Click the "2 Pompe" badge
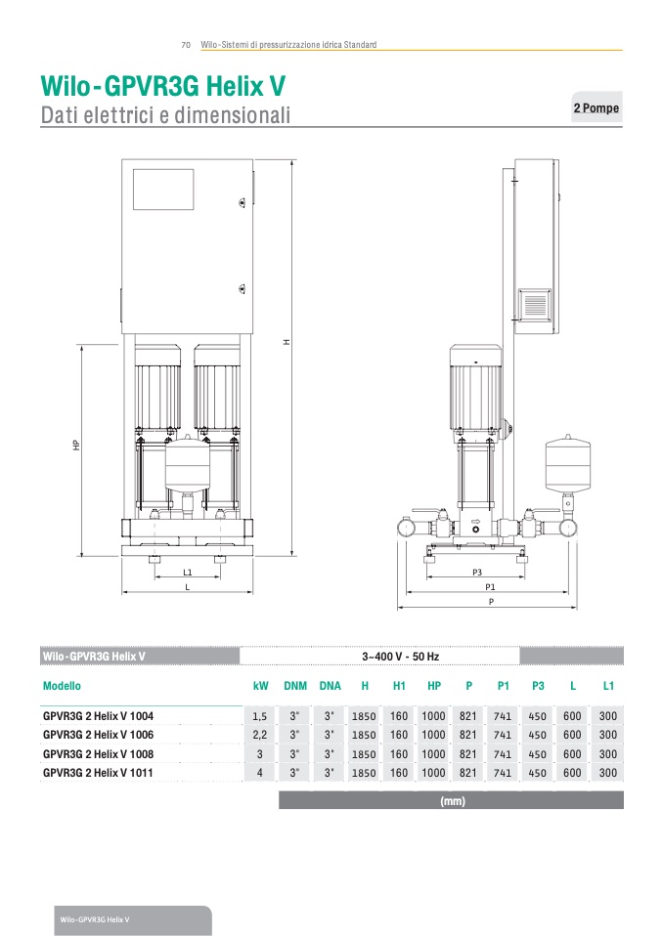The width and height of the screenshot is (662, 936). tap(596, 107)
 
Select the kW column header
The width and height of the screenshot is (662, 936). tap(260, 686)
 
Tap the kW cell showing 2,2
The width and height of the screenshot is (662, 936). tap(259, 735)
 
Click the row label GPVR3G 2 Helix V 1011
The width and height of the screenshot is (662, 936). tap(98, 773)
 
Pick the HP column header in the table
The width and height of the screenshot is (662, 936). tap(434, 686)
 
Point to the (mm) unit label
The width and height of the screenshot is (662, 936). tap(453, 801)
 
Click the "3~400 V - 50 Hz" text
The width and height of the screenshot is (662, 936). tap(400, 657)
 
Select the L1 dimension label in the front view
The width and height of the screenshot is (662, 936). tap(188, 573)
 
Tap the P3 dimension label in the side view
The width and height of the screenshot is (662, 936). tap(477, 573)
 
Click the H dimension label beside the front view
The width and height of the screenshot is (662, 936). tap(287, 342)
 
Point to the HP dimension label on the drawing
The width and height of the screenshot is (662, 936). tap(76, 445)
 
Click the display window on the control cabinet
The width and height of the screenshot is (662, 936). tap(163, 190)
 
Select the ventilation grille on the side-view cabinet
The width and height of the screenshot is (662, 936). tap(535, 305)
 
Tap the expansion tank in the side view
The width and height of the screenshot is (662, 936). tap(567, 464)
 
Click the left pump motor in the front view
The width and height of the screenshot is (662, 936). tap(157, 388)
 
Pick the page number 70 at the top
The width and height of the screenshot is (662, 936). tap(186, 45)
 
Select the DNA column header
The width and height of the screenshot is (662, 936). tap(330, 686)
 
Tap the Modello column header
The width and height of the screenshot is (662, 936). tap(62, 686)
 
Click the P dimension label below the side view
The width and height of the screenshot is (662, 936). tap(491, 602)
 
